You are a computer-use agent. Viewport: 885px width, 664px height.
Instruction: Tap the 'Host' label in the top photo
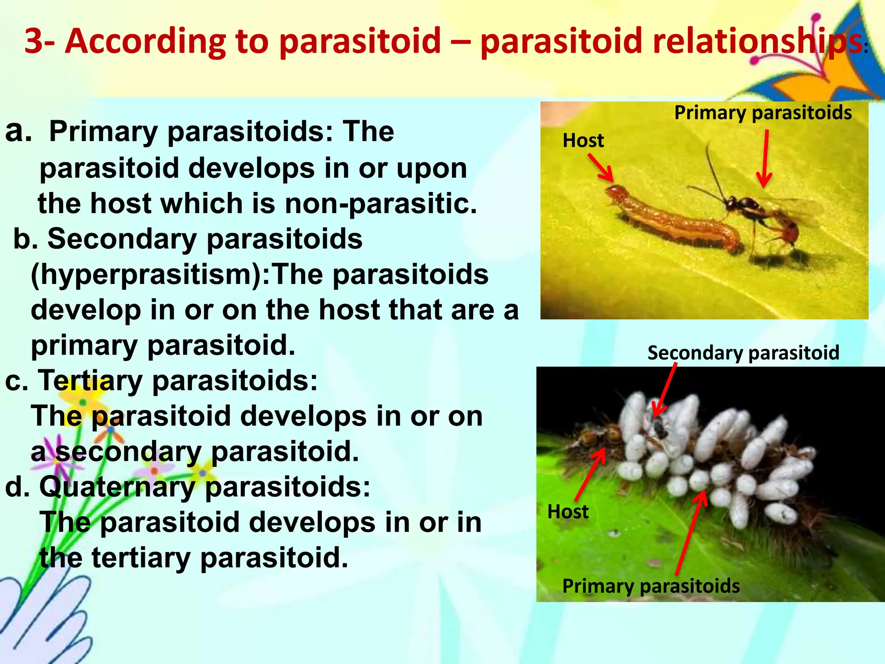[x=583, y=141]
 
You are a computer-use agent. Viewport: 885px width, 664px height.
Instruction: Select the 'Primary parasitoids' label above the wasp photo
[x=763, y=113]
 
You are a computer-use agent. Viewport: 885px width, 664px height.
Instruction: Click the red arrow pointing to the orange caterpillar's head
[x=601, y=168]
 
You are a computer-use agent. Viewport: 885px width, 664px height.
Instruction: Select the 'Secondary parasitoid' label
[x=743, y=353]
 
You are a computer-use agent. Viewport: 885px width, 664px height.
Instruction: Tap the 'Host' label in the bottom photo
[x=568, y=512]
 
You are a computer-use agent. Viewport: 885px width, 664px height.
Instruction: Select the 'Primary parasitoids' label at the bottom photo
[x=651, y=586]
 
